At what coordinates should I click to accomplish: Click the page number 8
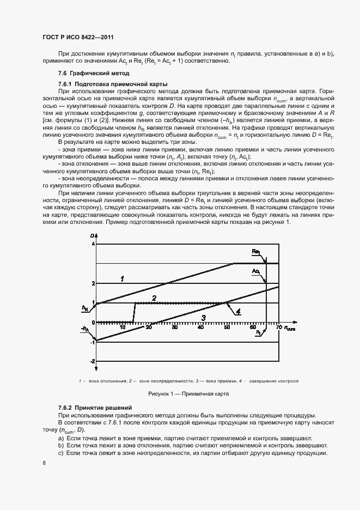pyautogui.click(x=44, y=463)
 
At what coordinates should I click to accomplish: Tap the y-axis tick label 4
pyautogui.click(x=93, y=244)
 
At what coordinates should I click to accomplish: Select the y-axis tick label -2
pyautogui.click(x=92, y=361)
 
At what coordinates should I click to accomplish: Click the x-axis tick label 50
pyautogui.click(x=226, y=327)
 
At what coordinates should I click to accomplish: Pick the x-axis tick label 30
pyautogui.click(x=174, y=327)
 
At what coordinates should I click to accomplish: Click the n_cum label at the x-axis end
pyautogui.click(x=290, y=328)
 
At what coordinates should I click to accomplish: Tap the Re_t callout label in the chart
pyautogui.click(x=257, y=252)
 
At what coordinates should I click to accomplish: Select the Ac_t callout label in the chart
pyautogui.click(x=256, y=271)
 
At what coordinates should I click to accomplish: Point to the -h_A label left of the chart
pyautogui.click(x=84, y=329)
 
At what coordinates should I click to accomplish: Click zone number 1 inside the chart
pyautogui.click(x=123, y=278)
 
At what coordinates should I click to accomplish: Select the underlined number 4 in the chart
pyautogui.click(x=238, y=311)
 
